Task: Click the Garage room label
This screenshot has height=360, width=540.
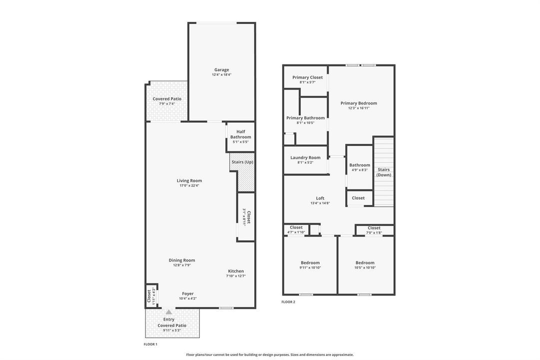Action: [x=221, y=69]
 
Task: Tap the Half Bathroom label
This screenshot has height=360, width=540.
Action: [x=241, y=134]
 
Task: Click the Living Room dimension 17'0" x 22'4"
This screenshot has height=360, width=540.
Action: [x=189, y=185]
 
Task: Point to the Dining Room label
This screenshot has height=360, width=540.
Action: [x=182, y=260]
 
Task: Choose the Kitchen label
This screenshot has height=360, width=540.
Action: [x=236, y=271]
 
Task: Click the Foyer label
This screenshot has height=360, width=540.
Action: [x=188, y=294]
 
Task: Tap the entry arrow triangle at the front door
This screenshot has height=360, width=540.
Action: [x=169, y=311]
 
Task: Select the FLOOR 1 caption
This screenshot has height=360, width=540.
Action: [x=150, y=344]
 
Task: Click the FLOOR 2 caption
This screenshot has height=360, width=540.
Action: [x=288, y=302]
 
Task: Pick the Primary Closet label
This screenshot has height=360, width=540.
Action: [x=308, y=77]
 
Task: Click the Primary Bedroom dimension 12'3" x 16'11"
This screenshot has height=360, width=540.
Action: [x=359, y=108]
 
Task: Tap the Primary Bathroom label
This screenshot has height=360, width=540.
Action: [x=306, y=118]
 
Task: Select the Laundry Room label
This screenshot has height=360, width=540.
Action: [x=305, y=157]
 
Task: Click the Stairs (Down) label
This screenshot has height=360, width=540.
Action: [x=384, y=172]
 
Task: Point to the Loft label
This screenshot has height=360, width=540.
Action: [x=320, y=198]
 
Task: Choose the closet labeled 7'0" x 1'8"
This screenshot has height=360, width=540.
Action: [x=374, y=230]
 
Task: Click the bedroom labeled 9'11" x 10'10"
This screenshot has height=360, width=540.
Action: [x=310, y=265]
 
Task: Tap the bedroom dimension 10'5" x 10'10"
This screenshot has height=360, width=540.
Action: [x=365, y=267]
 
